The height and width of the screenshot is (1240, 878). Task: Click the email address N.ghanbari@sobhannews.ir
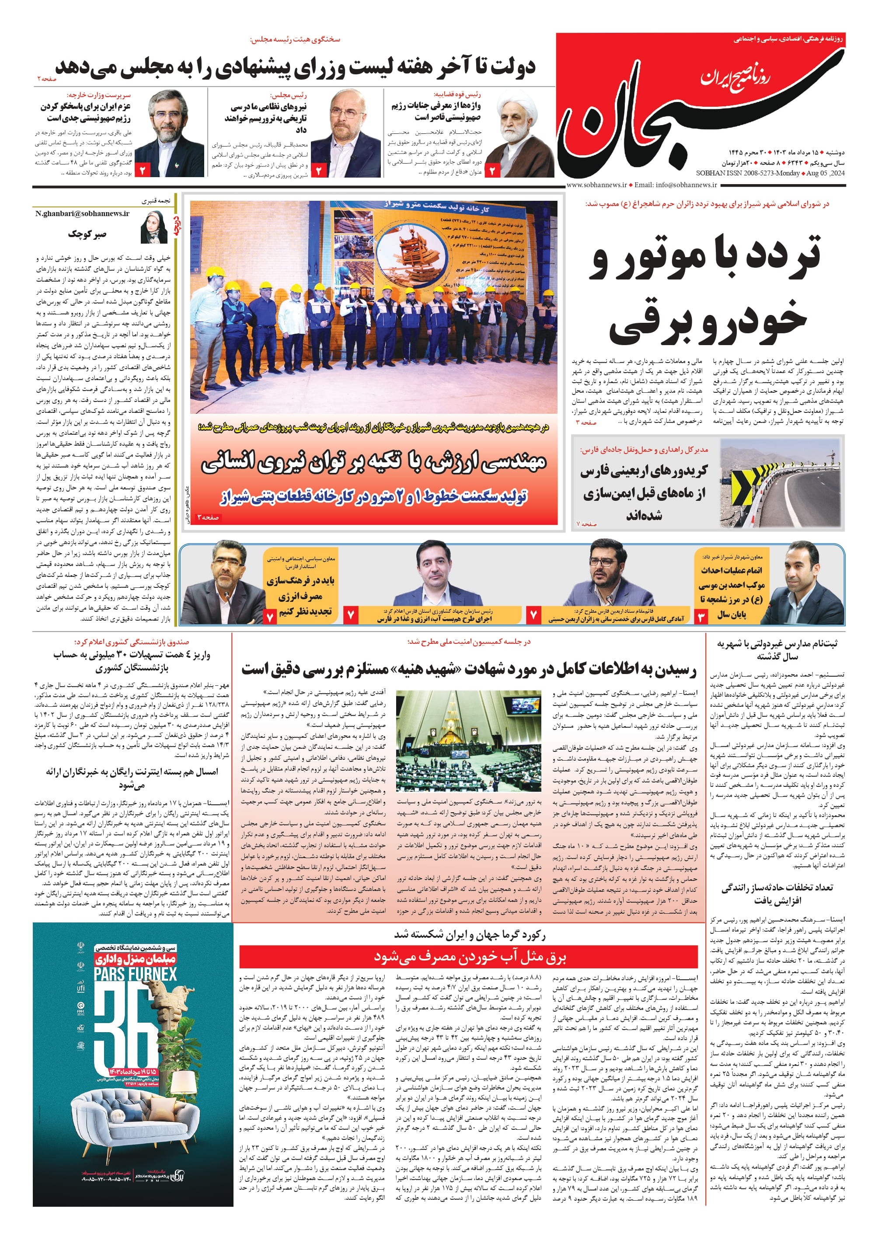(x=83, y=213)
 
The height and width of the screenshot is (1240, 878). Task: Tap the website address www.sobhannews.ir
(x=596, y=185)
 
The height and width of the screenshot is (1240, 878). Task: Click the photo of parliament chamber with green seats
(x=468, y=741)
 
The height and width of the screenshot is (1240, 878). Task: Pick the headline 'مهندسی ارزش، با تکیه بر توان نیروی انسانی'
(x=373, y=462)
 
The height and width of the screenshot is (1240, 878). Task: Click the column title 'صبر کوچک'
(x=87, y=234)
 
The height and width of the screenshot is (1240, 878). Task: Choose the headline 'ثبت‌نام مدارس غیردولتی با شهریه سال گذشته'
(x=777, y=650)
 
